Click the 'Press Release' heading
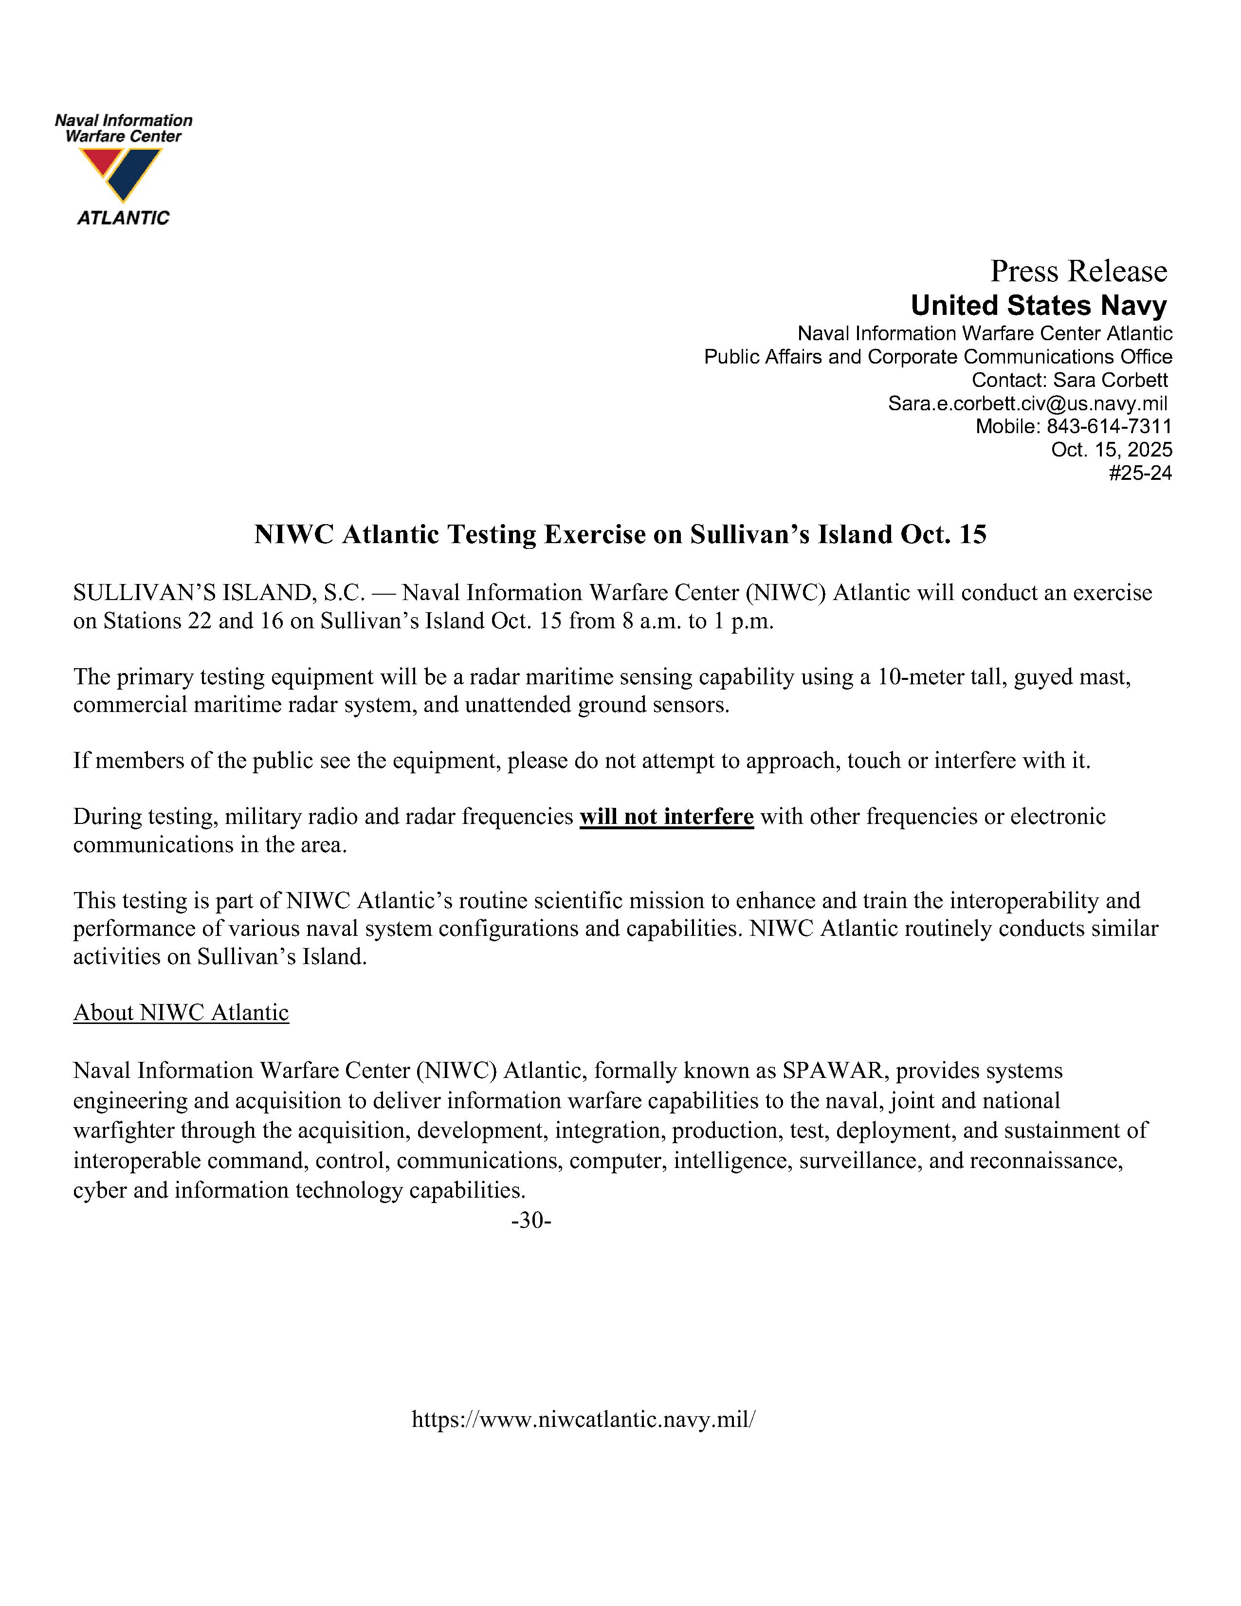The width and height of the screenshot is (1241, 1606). click(1078, 272)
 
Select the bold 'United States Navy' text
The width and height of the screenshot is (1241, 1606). click(1038, 305)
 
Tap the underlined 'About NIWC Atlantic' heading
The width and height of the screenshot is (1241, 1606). click(181, 1013)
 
